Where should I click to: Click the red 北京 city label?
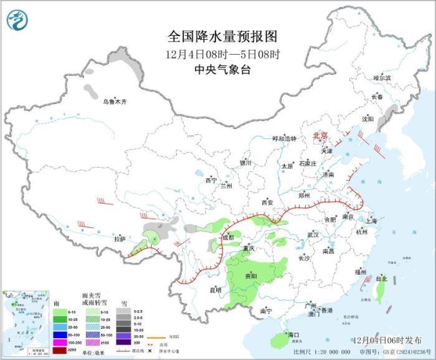coord(320,135)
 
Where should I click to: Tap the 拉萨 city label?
coord(120,239)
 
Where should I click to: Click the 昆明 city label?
coord(215,289)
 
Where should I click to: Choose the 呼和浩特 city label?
coord(285,138)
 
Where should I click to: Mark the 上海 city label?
coord(372,220)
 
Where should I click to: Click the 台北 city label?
coord(381,279)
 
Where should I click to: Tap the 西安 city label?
coord(267,202)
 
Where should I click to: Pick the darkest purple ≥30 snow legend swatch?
coord(124,342)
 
